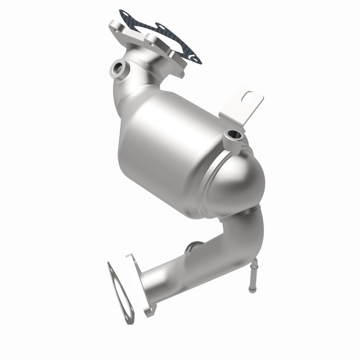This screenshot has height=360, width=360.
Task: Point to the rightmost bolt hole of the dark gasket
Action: (195, 57)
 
